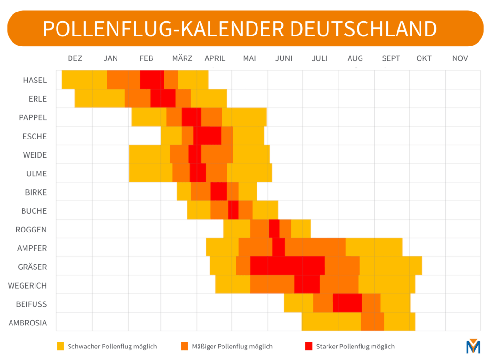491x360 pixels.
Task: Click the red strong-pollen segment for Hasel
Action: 152,80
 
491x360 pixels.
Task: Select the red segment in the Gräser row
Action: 287,266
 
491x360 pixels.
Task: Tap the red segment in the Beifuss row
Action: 347,303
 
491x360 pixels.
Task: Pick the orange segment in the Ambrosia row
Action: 372,322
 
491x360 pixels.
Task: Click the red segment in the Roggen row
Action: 274,228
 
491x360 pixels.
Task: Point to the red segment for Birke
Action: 219,191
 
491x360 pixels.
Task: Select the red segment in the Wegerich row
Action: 307,284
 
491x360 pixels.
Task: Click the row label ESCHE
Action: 35,137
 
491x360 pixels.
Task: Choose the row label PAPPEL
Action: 33,118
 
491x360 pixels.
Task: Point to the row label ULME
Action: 37,174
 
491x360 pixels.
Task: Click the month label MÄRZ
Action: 182,58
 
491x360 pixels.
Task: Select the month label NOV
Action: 459,58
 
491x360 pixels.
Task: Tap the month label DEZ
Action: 75,58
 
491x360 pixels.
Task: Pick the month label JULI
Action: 319,58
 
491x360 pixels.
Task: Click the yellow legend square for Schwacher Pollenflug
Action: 60,346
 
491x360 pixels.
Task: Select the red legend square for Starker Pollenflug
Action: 309,346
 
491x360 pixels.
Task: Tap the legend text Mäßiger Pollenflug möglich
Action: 232,346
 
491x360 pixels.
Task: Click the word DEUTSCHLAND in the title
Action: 363,29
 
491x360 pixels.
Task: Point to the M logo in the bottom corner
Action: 473,346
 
